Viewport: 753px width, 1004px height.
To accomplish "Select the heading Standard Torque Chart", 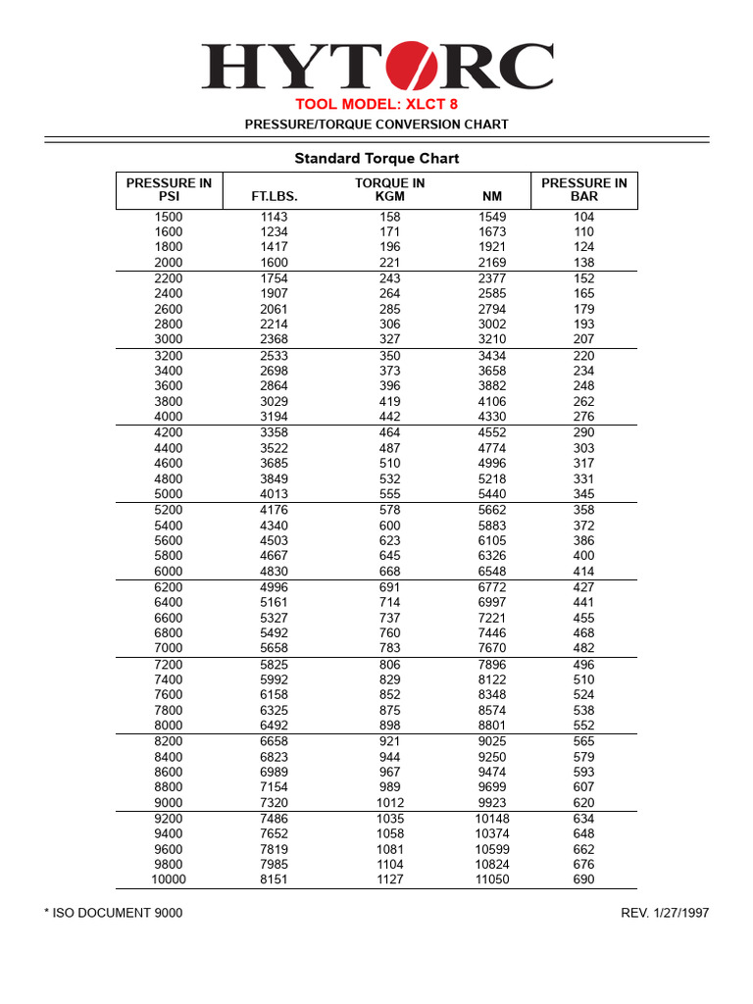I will coord(376,158).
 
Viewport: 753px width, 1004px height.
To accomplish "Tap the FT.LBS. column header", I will coord(275,196).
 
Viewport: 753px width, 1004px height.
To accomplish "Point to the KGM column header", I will coord(389,196).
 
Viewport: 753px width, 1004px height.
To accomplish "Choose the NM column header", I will coord(492,196).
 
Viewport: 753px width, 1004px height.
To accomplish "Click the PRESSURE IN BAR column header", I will coord(583,189).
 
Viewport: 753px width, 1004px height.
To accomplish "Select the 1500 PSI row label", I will coord(169,217).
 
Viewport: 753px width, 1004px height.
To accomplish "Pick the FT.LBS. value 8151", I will coord(275,879).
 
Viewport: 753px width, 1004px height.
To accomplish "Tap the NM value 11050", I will coord(492,879).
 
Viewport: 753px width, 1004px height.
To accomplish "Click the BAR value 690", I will coord(583,879).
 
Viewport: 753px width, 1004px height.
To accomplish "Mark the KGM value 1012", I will coord(389,803).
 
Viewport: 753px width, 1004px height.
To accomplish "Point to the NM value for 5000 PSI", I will coord(492,494).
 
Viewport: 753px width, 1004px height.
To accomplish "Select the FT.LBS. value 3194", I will coord(275,417).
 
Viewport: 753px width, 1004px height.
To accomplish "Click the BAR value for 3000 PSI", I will coord(583,339).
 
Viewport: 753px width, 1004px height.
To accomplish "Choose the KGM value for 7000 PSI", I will coord(389,648).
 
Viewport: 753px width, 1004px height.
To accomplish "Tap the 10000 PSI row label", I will coord(169,879).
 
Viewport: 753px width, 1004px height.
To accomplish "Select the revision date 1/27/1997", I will coord(680,913).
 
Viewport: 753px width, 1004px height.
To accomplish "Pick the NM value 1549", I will coord(492,217).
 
